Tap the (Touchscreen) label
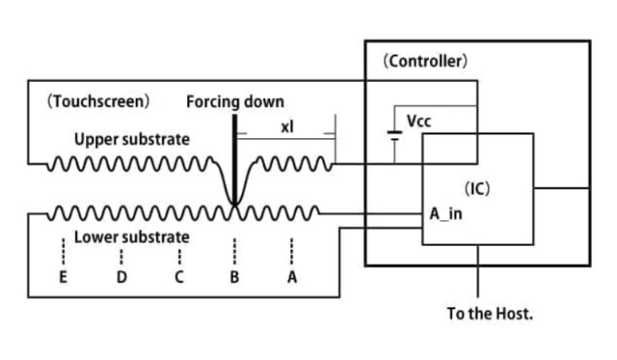click(x=98, y=102)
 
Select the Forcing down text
click(x=235, y=102)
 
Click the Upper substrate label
click(x=132, y=139)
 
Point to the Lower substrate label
click(x=132, y=237)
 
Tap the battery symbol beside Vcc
click(x=394, y=134)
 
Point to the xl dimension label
click(x=287, y=126)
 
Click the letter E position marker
click(x=63, y=278)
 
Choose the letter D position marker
click(x=121, y=278)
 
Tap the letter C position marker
click(x=179, y=278)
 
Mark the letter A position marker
click(x=292, y=278)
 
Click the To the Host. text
click(x=489, y=313)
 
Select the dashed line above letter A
click(x=292, y=252)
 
